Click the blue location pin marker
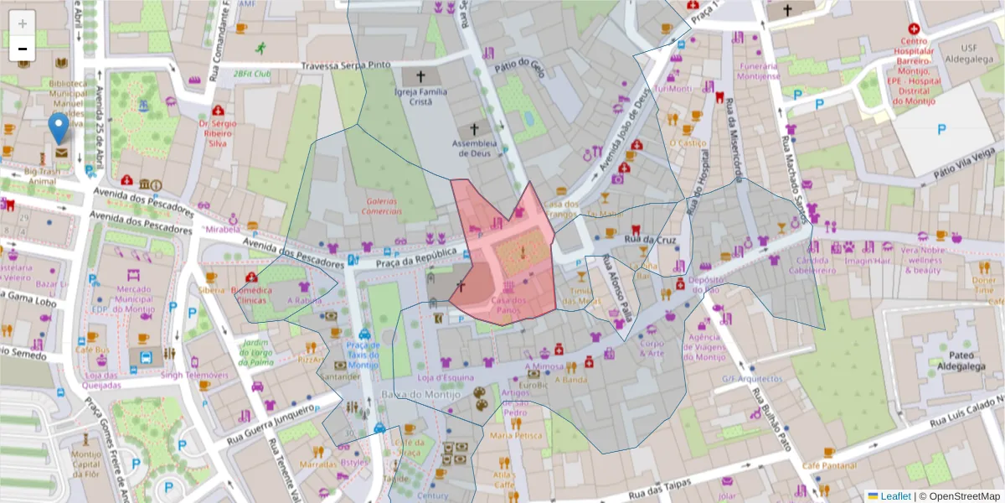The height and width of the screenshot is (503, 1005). tap(59, 129)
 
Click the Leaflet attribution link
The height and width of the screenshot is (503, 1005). tap(894, 495)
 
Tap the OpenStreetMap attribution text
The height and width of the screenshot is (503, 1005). tap(959, 495)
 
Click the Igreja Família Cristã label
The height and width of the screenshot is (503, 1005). tap(420, 96)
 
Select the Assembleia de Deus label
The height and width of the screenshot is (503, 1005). tap(475, 148)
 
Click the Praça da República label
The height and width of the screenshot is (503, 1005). tap(415, 257)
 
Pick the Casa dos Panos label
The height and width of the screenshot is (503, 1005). tap(508, 304)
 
